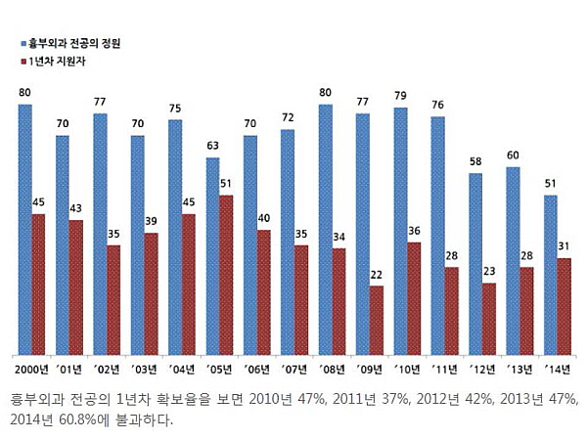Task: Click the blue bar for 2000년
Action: coord(24,229)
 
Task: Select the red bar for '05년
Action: coord(227,275)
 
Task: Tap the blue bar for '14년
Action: coord(551,275)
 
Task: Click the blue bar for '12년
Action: coord(475,264)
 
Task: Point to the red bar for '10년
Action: coord(415,298)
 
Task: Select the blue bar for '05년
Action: coord(212,256)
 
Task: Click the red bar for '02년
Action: coord(113,299)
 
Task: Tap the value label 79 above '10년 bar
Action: coord(399,95)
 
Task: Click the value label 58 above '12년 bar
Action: coord(475,161)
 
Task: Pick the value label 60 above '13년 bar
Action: coord(513,154)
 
